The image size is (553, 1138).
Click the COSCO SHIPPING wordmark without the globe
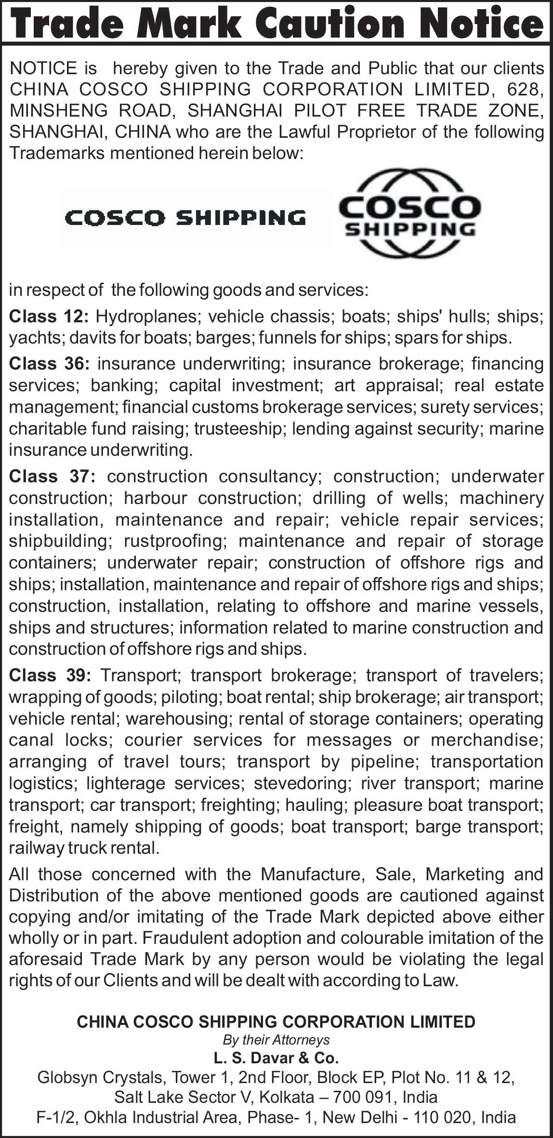[185, 218]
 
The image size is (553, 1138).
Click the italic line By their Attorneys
[276, 1040]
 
